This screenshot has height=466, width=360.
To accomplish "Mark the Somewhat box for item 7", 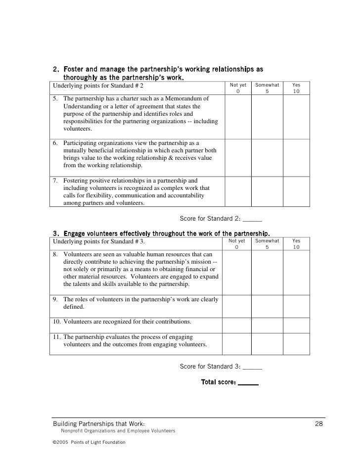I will tap(267, 191).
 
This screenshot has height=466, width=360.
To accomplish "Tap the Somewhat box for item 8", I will tap(267, 273).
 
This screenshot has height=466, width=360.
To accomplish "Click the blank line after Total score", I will tap(248, 382).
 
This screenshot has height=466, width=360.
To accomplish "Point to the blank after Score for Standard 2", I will tap(252, 219).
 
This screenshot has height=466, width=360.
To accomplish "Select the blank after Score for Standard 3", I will tap(252, 367).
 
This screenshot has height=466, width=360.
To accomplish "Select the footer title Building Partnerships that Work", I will tap(99, 424).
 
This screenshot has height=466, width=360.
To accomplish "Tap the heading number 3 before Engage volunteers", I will tap(55, 233).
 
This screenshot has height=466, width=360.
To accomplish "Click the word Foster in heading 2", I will tap(73, 69).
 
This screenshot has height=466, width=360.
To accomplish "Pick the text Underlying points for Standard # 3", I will tap(99, 242).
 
